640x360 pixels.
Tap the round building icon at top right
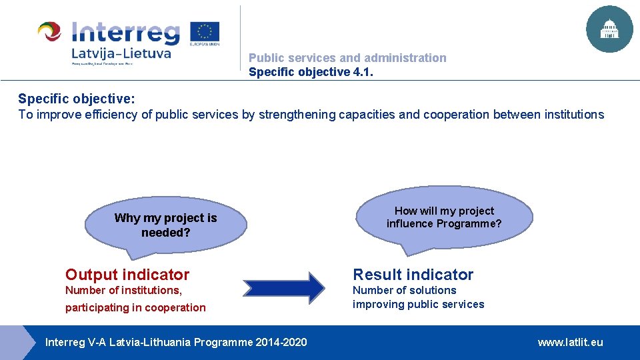[x=609, y=29]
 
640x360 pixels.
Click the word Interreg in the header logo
[x=126, y=33]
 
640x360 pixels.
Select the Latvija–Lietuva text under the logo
[x=121, y=53]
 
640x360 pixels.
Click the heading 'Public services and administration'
[x=347, y=58]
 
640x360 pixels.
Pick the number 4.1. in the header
[x=362, y=72]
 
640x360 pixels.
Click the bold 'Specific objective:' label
[x=77, y=99]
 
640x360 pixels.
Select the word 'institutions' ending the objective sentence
[x=571, y=115]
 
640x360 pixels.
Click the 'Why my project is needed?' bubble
[x=165, y=225]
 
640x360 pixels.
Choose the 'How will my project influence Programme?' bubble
[x=444, y=217]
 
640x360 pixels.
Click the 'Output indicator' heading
[x=127, y=275]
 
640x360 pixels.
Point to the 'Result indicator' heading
[x=413, y=275]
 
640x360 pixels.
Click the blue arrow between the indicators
[x=283, y=287]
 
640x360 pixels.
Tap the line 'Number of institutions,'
[x=123, y=291]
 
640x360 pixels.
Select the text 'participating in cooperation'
[x=135, y=307]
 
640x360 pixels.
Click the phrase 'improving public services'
[x=418, y=305]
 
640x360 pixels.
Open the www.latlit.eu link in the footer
[x=570, y=342]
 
